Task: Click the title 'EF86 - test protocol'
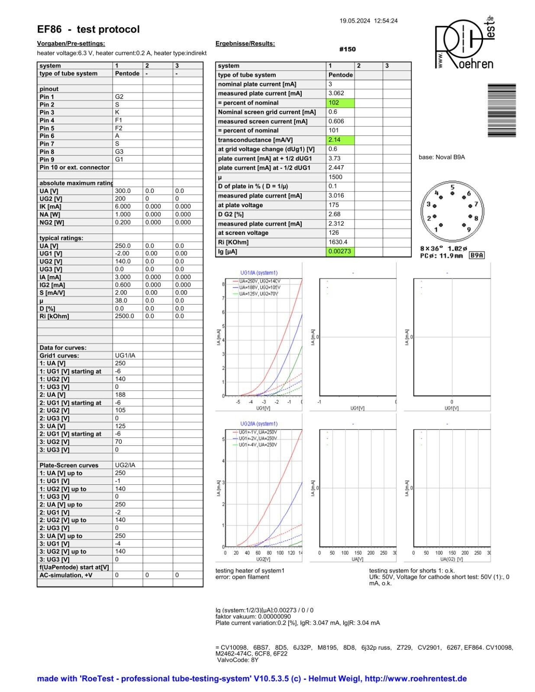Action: [88, 29]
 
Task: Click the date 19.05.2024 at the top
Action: [355, 21]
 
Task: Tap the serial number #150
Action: [348, 49]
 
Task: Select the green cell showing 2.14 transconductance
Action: [340, 140]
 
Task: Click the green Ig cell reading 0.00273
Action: [340, 251]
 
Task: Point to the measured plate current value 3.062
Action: [336, 93]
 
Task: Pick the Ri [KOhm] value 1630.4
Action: [338, 242]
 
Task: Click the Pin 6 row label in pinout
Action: [47, 136]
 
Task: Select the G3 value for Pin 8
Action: [119, 152]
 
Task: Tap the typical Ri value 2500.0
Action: [125, 316]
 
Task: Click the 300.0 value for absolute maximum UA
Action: [123, 191]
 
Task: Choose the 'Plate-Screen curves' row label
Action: [69, 465]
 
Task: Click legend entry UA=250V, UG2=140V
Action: [259, 281]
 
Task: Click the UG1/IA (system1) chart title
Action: [259, 273]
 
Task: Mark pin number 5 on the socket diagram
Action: [452, 187]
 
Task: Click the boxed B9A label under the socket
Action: [477, 255]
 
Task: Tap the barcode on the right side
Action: [502, 110]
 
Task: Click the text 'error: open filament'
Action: [242, 577]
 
